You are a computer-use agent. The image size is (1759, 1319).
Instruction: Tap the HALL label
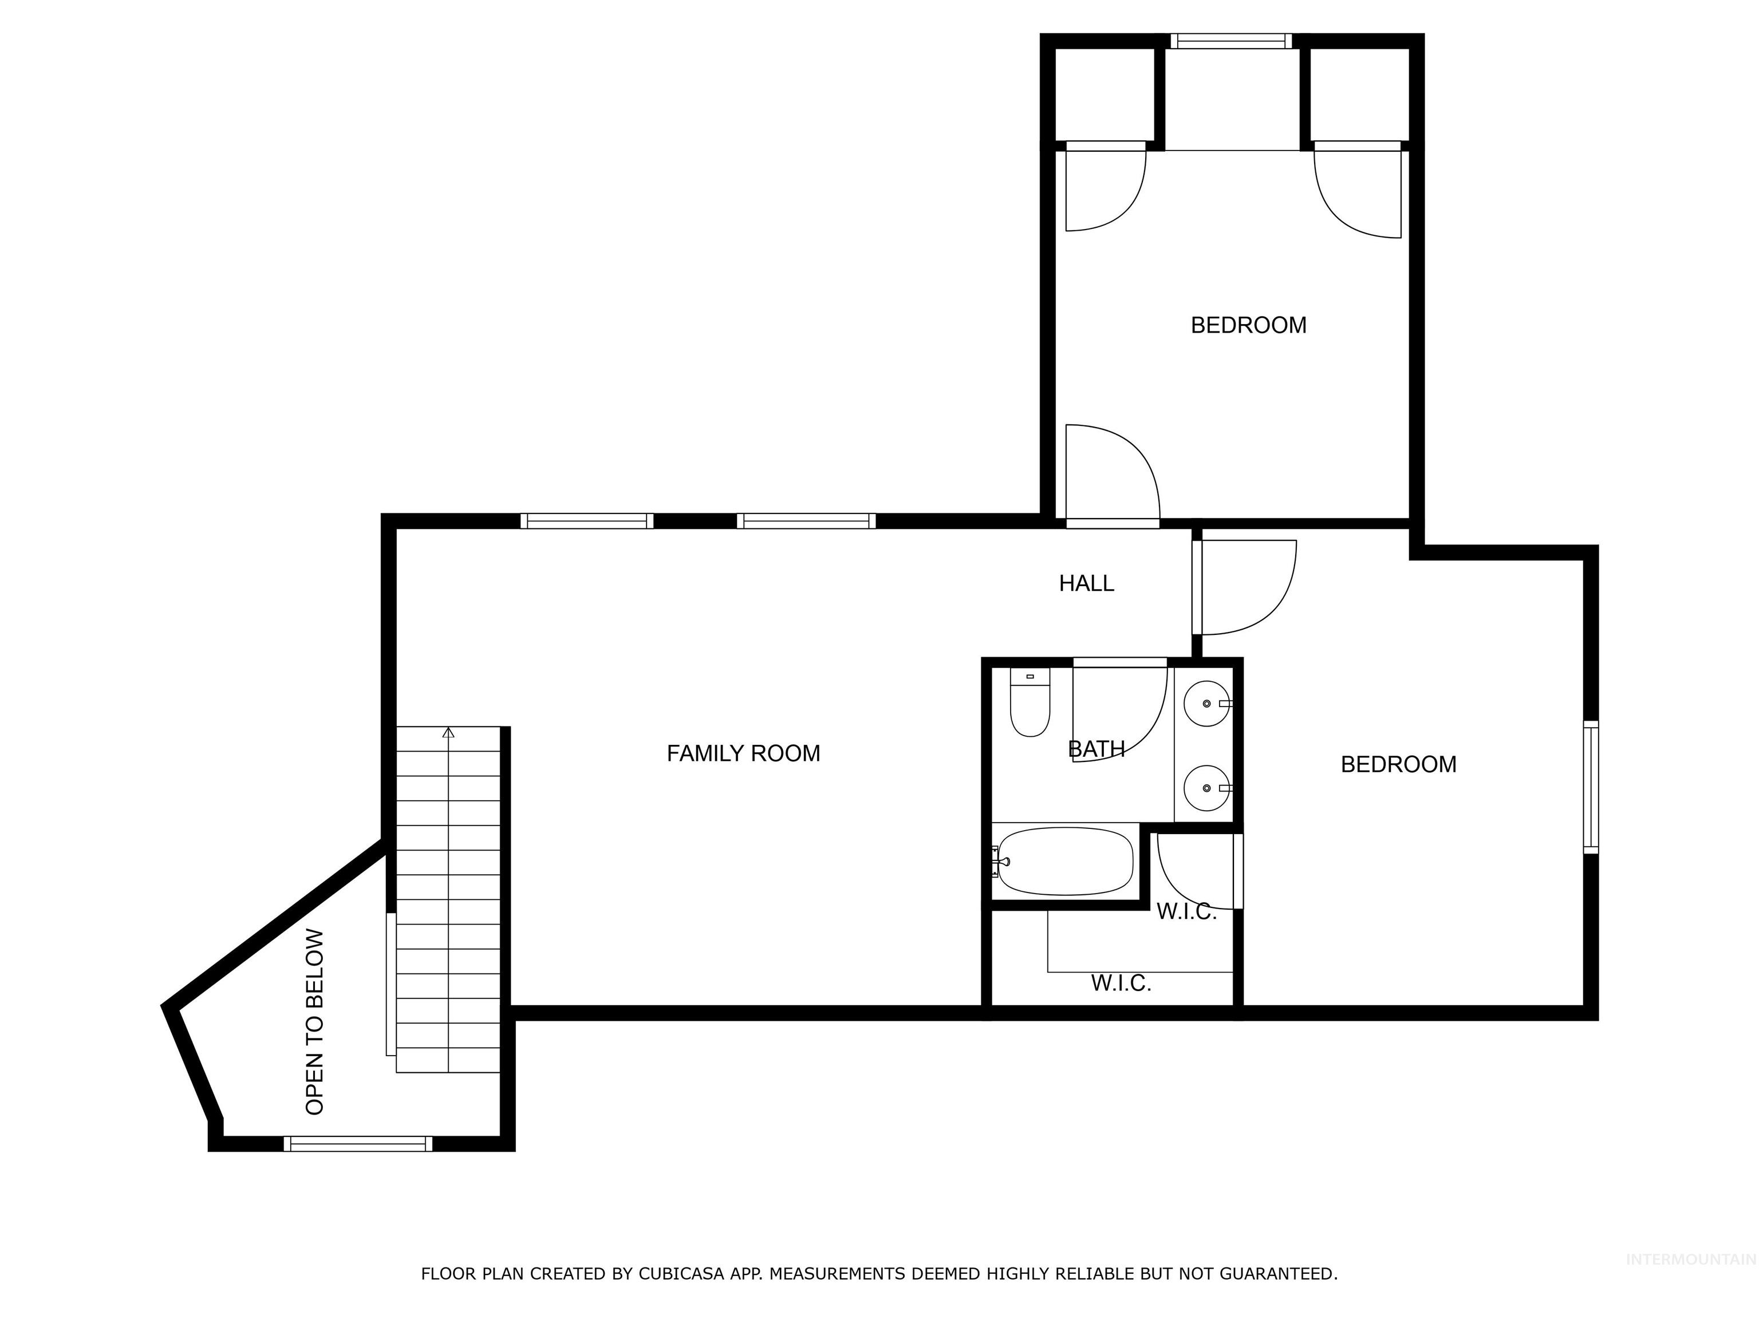click(x=1086, y=583)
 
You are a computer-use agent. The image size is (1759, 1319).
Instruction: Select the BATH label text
click(x=1096, y=749)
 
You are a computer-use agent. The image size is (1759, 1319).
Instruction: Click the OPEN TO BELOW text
click(x=315, y=1022)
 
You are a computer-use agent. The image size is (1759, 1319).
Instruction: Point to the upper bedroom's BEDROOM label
click(x=1248, y=325)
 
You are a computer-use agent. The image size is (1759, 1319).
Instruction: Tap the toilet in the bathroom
click(x=1030, y=703)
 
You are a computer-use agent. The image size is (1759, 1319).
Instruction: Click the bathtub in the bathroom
click(x=1065, y=861)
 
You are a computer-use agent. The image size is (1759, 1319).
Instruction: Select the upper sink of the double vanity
click(x=1206, y=704)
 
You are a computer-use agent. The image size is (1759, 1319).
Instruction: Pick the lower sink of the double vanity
click(x=1206, y=788)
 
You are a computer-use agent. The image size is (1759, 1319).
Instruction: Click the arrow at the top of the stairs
click(x=448, y=732)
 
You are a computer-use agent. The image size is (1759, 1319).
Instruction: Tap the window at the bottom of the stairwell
click(x=358, y=1143)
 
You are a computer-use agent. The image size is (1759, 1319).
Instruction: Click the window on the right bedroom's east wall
click(x=1591, y=787)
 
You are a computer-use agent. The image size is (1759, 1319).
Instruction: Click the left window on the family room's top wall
click(x=587, y=521)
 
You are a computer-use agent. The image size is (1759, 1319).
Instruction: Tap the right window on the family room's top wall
click(x=806, y=521)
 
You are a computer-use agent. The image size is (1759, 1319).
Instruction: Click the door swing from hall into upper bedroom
click(x=1113, y=477)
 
